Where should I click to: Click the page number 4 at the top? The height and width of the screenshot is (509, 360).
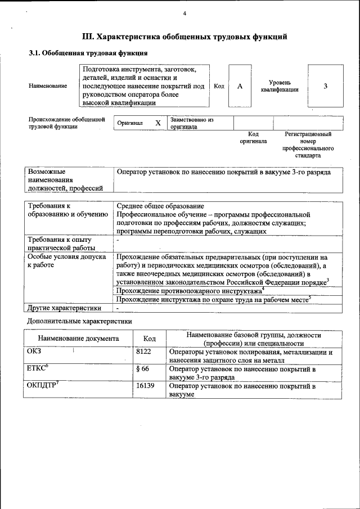[184, 13]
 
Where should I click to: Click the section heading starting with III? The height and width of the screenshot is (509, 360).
[185, 37]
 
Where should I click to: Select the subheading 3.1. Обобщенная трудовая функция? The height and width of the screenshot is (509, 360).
[88, 53]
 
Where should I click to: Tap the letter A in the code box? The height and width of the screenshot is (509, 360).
[240, 86]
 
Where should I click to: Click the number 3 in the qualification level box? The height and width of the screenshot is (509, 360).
[325, 86]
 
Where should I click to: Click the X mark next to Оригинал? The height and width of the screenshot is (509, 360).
[158, 123]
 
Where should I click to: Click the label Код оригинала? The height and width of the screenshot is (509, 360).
[253, 138]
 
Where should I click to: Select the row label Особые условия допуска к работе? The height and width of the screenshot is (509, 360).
[67, 260]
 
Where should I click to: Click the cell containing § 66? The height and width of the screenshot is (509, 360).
[145, 369]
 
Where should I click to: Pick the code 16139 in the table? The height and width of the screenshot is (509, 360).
[147, 386]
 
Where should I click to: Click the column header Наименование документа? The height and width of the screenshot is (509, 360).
[78, 339]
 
